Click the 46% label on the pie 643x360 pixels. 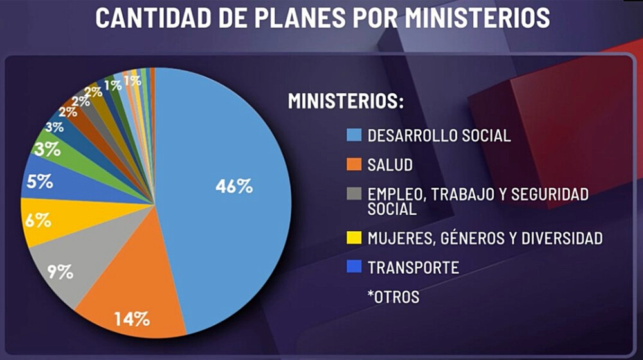234,186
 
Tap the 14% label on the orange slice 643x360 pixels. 132,318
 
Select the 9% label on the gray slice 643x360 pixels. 60,271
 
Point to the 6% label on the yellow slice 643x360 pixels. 39,221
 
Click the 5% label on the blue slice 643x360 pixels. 40,182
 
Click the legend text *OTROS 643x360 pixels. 394,297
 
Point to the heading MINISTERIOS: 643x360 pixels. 345,102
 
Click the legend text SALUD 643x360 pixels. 390,165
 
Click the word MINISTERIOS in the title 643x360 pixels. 477,18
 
